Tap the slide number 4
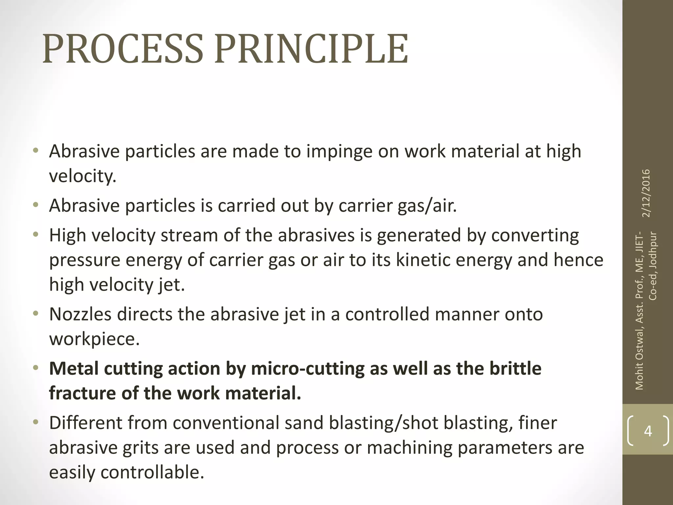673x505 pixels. coord(648,431)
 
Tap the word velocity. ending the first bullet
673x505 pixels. coord(82,177)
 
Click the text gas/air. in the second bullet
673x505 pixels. coord(427,206)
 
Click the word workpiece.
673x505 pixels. coord(94,339)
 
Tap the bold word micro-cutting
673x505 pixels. coord(308,369)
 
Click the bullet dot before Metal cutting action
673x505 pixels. coord(36,367)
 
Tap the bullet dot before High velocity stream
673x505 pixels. coord(36,234)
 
